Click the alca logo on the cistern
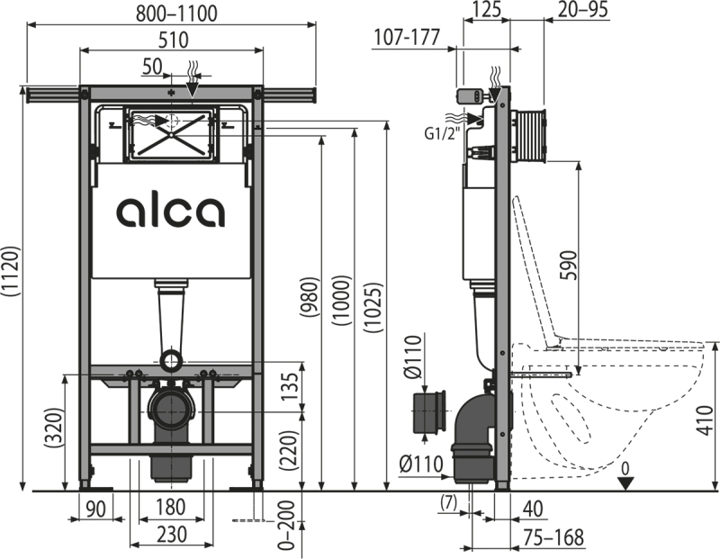coord(171,212)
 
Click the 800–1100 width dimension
coord(176,14)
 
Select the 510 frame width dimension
coord(173,40)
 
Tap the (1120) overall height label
coord(11,271)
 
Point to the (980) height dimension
coord(309,296)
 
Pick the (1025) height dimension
coord(373,307)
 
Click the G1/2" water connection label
coord(442,133)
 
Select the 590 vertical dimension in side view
coord(568,265)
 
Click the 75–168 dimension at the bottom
coord(553,537)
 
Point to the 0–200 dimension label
coord(286,525)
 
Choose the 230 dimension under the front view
coord(172,534)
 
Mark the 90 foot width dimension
coord(95,509)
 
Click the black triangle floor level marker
coord(625,483)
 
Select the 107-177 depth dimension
coord(407,37)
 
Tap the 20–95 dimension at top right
coord(582,9)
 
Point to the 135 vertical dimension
coord(290,387)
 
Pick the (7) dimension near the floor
coord(448,502)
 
